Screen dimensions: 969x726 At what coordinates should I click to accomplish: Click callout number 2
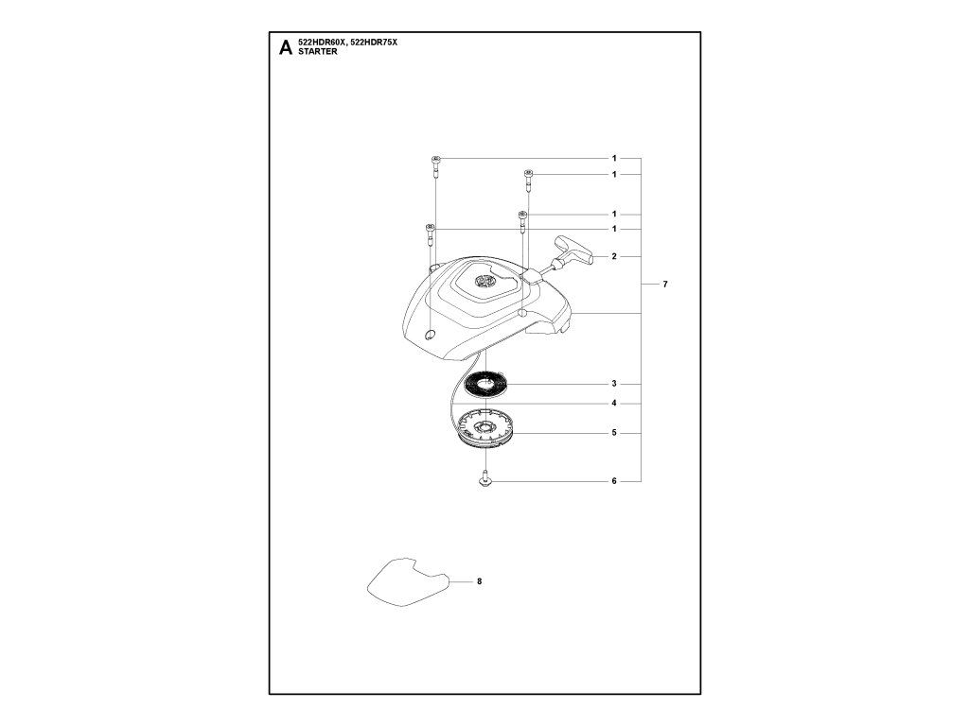(x=614, y=256)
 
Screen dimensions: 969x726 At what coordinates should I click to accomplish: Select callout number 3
(x=614, y=384)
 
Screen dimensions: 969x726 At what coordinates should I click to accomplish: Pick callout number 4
(x=614, y=404)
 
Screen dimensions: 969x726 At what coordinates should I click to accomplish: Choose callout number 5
(x=614, y=433)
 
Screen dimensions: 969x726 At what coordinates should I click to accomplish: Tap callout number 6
(x=614, y=481)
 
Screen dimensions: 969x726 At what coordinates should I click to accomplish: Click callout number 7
(x=666, y=285)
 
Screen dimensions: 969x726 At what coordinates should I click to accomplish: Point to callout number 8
(x=480, y=581)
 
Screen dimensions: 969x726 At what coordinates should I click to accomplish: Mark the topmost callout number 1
(x=614, y=157)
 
